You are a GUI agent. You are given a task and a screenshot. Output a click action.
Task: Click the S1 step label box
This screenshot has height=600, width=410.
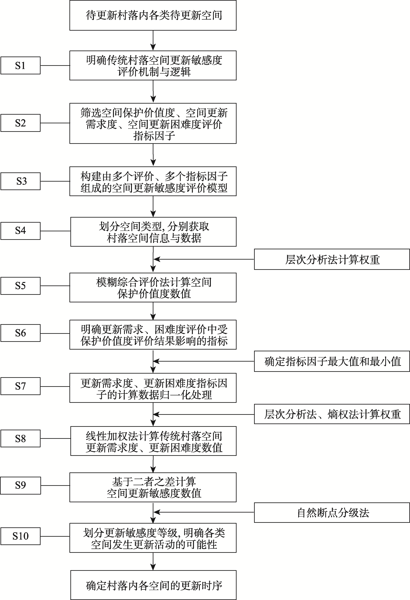pyautogui.click(x=20, y=66)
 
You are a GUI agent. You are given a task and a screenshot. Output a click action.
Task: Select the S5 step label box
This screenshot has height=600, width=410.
pyautogui.click(x=20, y=286)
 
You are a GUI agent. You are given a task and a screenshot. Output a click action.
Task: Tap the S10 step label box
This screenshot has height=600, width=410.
pyautogui.click(x=20, y=536)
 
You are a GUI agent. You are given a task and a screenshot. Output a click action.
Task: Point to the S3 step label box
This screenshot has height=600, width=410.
pyautogui.click(x=20, y=181)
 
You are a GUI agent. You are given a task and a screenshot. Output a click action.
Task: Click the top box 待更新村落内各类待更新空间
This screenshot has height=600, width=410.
pyautogui.click(x=153, y=15)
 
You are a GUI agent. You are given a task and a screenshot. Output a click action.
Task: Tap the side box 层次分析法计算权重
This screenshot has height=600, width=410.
pyautogui.click(x=332, y=259)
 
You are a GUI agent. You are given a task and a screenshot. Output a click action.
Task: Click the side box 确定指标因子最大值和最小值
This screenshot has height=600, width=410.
pyautogui.click(x=332, y=361)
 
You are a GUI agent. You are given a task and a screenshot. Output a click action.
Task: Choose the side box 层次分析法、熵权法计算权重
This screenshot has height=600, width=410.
pyautogui.click(x=332, y=414)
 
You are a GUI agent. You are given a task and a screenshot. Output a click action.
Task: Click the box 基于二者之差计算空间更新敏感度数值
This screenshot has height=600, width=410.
pyautogui.click(x=153, y=487)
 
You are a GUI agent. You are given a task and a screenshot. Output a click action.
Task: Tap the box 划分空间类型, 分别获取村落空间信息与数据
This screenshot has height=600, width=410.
pyautogui.click(x=154, y=232)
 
